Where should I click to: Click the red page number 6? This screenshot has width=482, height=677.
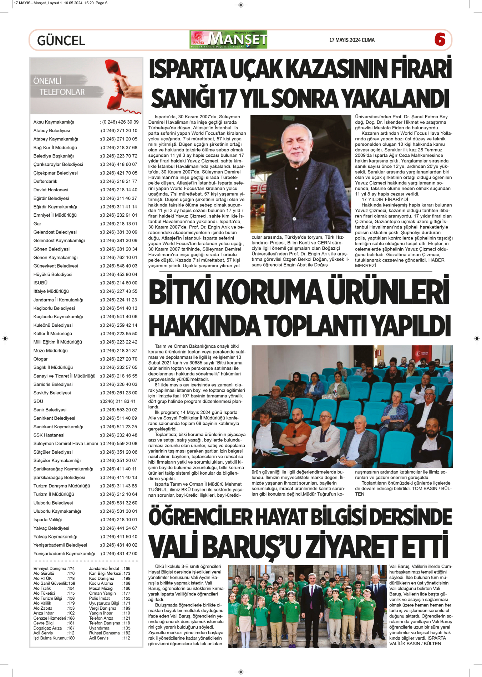tap(440, 39)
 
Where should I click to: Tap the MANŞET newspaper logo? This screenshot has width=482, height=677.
tap(228, 40)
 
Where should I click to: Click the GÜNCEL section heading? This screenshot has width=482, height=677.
tap(61, 41)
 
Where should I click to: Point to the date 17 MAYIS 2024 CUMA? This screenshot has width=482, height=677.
tap(352, 40)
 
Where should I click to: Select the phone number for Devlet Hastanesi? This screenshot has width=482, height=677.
tap(119, 190)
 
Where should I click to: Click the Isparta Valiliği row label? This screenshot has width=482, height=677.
tap(47, 520)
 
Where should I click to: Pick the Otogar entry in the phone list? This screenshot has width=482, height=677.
tap(40, 359)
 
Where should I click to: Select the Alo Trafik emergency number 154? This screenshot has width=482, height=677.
tap(71, 589)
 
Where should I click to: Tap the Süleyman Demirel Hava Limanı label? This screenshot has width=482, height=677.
tap(66, 444)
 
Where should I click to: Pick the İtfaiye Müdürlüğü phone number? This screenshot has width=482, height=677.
tap(119, 291)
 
